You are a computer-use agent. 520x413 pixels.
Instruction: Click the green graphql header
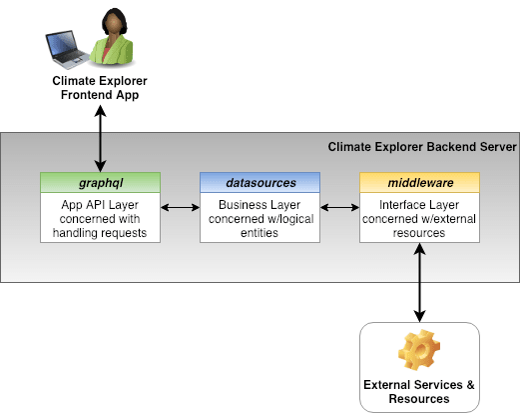click(100, 182)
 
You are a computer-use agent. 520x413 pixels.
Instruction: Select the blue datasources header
click(260, 182)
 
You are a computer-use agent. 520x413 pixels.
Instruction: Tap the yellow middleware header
click(419, 182)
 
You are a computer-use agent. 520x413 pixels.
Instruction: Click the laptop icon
click(67, 49)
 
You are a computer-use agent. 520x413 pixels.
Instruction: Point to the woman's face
click(114, 24)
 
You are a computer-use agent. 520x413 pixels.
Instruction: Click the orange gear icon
click(419, 350)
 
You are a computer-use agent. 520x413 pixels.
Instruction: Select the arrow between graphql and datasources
click(180, 208)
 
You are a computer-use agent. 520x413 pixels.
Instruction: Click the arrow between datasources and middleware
click(339, 208)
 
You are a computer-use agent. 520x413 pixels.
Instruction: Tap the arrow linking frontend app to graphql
click(100, 139)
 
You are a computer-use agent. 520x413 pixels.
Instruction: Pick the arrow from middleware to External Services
click(419, 282)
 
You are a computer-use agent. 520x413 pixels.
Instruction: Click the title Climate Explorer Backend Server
click(422, 147)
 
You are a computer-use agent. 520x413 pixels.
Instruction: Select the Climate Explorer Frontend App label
click(100, 88)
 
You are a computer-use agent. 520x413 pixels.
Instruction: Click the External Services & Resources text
click(419, 392)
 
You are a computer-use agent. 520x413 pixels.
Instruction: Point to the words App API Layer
click(100, 205)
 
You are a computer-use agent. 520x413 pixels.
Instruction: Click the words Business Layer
click(260, 205)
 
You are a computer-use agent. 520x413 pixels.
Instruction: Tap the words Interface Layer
click(419, 205)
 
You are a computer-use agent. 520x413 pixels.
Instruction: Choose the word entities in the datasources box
click(260, 233)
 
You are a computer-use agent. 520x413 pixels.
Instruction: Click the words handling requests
click(100, 233)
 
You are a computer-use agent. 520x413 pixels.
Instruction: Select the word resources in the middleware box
click(419, 233)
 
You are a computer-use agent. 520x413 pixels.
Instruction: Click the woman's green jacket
click(113, 50)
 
